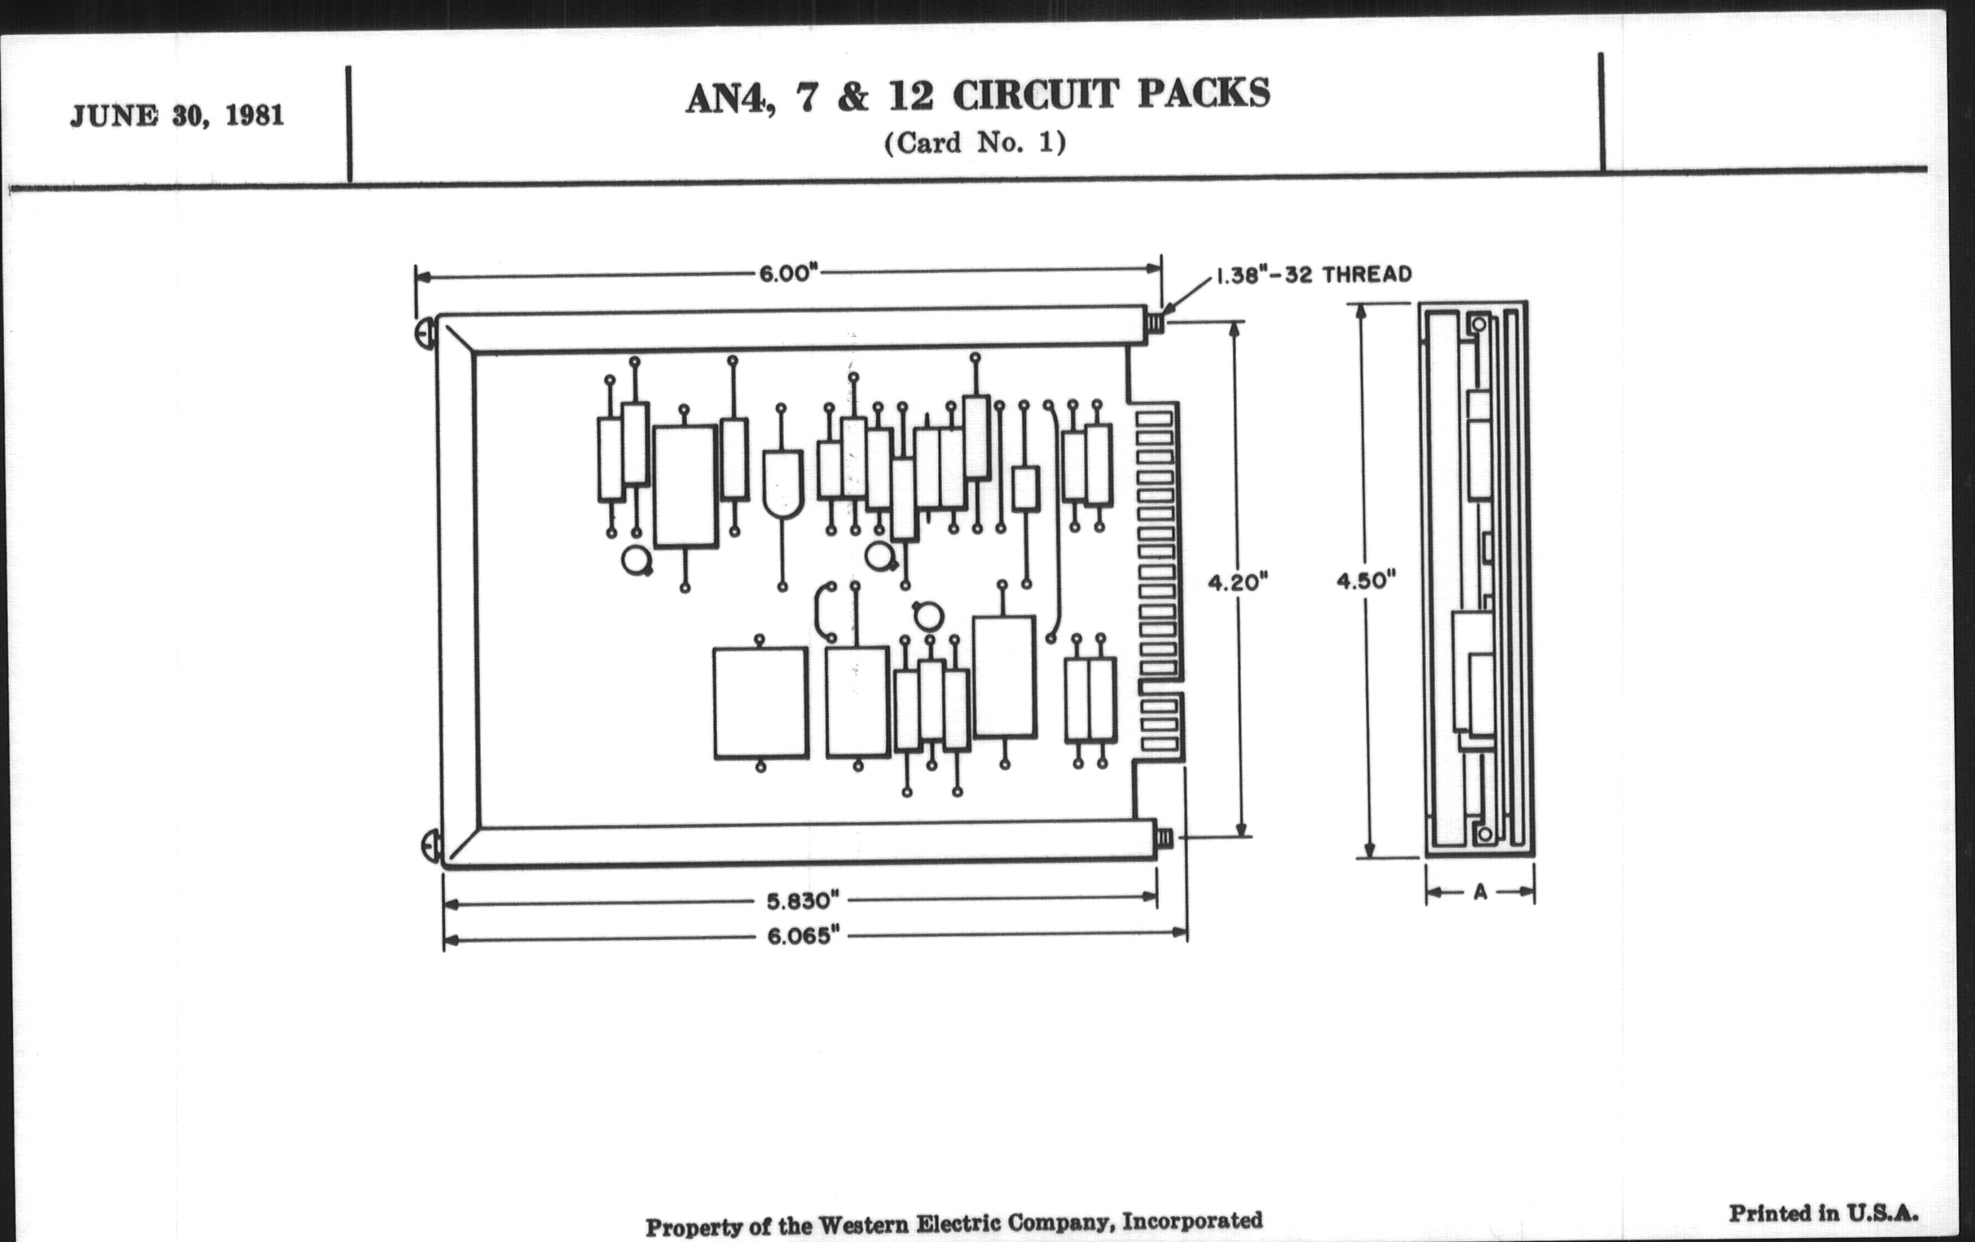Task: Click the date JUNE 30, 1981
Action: point(177,115)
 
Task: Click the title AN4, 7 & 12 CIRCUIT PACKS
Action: point(977,95)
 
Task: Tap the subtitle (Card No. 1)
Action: point(975,144)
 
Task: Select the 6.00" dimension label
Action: point(789,273)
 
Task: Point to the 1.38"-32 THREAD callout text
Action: point(1313,274)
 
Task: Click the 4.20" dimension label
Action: point(1238,582)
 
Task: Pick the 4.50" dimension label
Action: point(1366,580)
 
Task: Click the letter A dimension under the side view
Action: point(1480,892)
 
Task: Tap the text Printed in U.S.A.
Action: point(1823,1214)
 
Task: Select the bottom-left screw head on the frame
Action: point(430,845)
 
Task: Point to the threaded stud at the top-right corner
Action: point(1155,322)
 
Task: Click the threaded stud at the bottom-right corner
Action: point(1163,838)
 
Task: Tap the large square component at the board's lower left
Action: point(760,702)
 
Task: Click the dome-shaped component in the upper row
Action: point(783,484)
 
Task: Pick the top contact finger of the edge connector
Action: point(1155,419)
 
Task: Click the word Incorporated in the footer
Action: point(1191,1221)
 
